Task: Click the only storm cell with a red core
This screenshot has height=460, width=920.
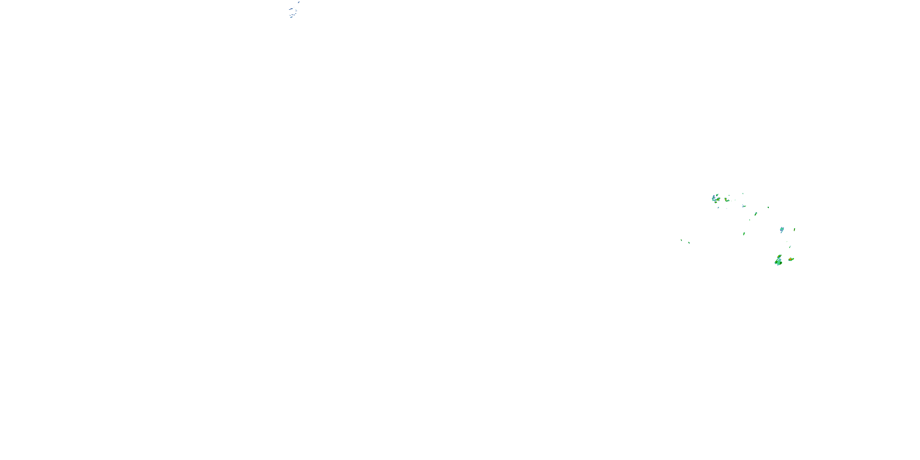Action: coord(791,259)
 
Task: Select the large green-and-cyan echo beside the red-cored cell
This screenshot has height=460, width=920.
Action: coord(778,261)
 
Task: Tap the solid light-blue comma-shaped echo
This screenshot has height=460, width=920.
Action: coord(782,230)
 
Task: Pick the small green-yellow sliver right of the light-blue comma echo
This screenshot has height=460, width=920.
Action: coord(794,229)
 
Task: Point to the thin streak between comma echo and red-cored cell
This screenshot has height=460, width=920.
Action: coord(790,247)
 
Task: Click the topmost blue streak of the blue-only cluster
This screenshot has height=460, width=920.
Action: coord(299,2)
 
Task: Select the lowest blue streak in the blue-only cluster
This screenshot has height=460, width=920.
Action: coord(291,17)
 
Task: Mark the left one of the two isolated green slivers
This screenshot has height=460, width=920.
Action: coord(681,240)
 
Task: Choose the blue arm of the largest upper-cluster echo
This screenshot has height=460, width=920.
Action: coord(714,197)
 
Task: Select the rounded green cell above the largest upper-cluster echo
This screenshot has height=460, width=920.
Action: coord(717,195)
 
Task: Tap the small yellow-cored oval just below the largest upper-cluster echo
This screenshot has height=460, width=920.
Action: coord(716,202)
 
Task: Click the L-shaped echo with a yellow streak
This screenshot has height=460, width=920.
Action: coord(726,200)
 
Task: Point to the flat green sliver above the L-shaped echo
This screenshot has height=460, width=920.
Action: coord(729,195)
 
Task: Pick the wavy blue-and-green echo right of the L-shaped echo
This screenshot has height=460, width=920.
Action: coord(744,206)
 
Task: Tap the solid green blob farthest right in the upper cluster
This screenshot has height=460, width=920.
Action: coord(768,207)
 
